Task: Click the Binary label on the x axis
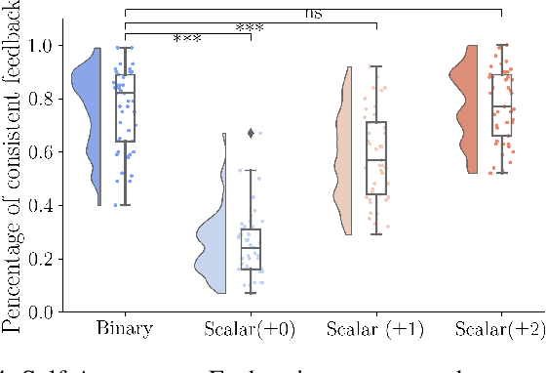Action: [125, 328]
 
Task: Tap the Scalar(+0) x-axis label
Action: [251, 328]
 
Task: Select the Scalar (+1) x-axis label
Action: [375, 328]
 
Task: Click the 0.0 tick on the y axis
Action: [44, 311]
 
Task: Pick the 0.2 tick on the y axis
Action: [44, 259]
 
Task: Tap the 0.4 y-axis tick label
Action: [44, 205]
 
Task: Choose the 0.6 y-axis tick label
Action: [44, 152]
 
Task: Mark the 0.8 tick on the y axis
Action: [44, 99]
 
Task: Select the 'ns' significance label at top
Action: [313, 13]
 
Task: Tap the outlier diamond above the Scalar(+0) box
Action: [252, 133]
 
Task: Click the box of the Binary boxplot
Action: [125, 107]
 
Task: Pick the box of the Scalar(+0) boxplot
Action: [251, 249]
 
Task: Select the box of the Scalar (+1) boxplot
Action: [375, 157]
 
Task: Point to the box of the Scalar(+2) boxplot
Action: [501, 105]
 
